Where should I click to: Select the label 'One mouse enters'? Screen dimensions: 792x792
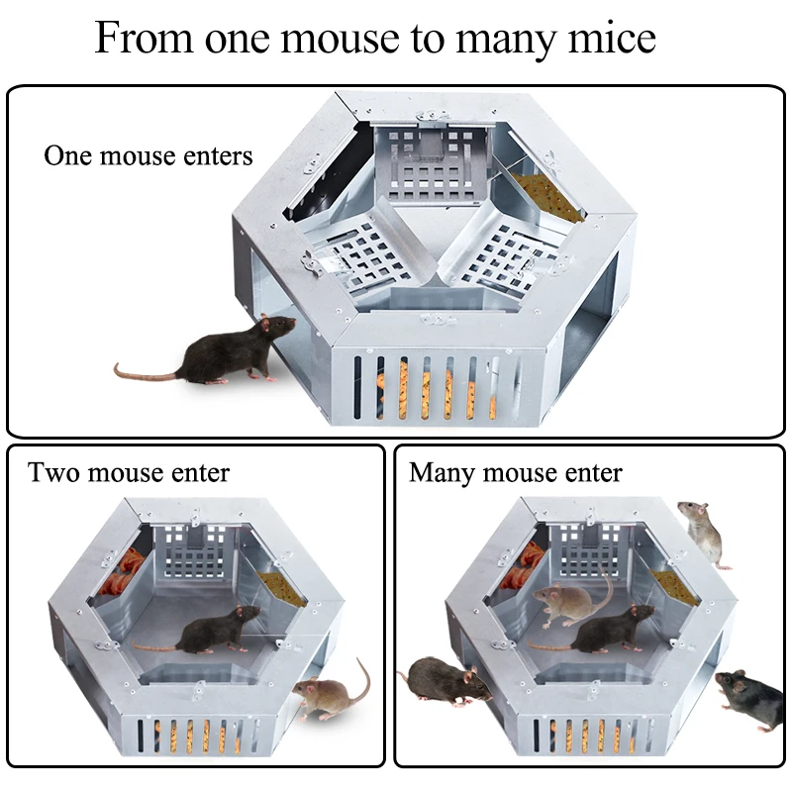point(148,156)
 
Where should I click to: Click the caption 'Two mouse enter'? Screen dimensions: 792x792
point(129,472)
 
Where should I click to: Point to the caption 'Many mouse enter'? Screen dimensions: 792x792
point(515,472)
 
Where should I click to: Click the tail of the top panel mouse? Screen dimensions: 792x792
point(144,372)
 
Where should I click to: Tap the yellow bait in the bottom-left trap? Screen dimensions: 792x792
point(277,588)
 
